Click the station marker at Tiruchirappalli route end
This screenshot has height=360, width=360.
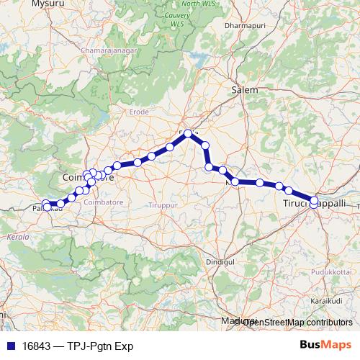(x=314, y=201)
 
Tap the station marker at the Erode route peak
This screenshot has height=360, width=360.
(x=189, y=133)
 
